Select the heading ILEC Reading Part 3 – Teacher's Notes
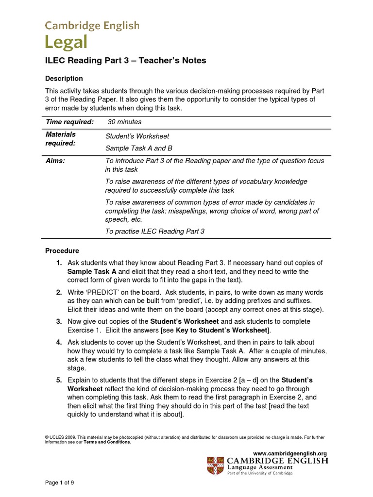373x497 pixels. [x=125, y=61]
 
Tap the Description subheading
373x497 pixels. [x=64, y=78]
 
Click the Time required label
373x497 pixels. [x=69, y=122]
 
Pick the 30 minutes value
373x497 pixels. [x=124, y=122]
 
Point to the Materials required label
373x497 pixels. [x=61, y=139]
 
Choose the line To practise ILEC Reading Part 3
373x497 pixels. [x=155, y=232]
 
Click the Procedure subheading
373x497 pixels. [x=62, y=251]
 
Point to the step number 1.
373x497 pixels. [x=58, y=263]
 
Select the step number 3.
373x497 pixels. [x=58, y=321]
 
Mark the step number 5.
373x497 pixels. [x=58, y=380]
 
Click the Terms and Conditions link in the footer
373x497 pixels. [x=107, y=442]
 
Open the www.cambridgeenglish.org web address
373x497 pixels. [x=290, y=453]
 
